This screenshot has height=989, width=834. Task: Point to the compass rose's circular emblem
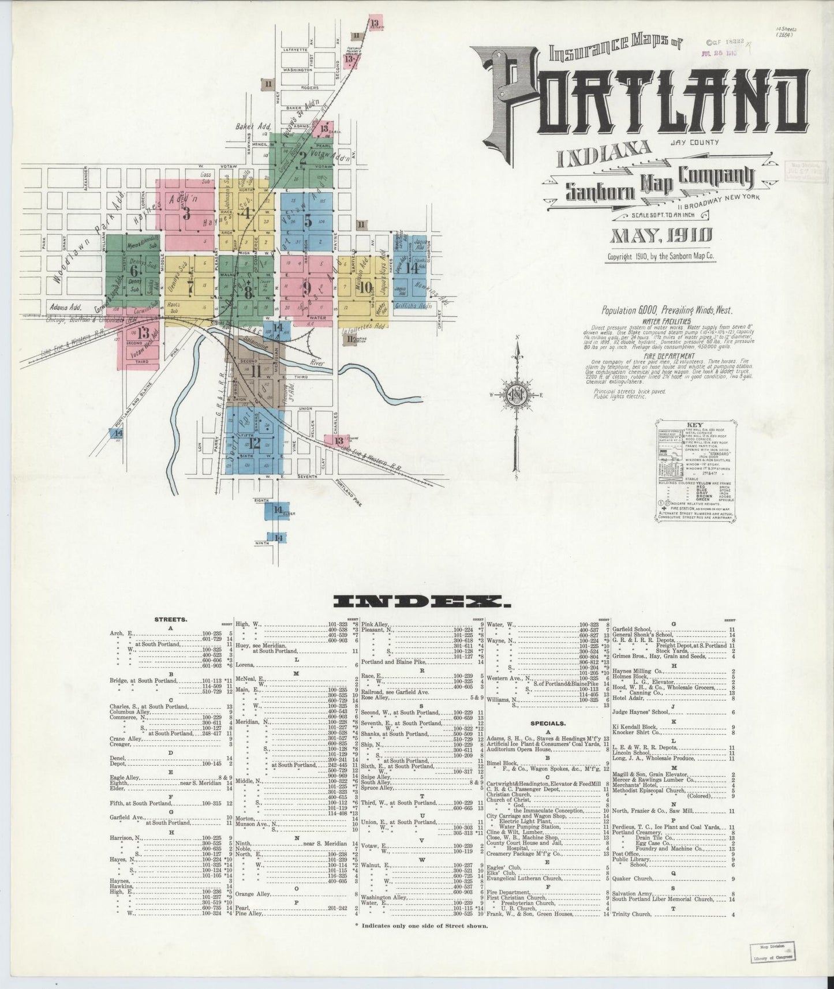(518, 396)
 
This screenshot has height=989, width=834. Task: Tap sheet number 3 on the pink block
(186, 213)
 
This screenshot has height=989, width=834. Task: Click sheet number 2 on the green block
(302, 160)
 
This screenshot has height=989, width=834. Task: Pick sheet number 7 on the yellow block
(190, 283)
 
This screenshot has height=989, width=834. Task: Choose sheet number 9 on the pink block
(307, 287)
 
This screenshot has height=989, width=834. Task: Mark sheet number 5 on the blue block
(308, 220)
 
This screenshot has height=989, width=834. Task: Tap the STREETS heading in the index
(170, 619)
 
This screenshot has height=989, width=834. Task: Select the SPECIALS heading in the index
(549, 722)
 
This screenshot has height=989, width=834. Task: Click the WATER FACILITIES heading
(661, 320)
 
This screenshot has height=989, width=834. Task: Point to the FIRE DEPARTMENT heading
(661, 358)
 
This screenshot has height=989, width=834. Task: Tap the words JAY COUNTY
(695, 142)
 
